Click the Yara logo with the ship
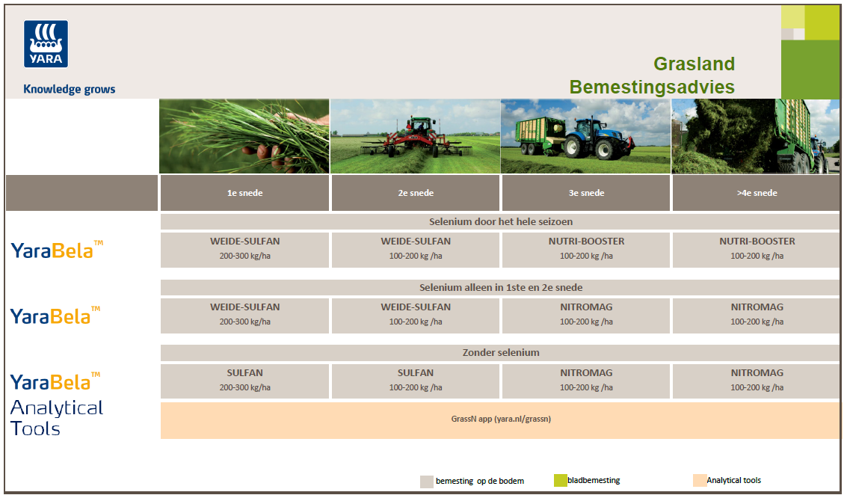[x=46, y=44]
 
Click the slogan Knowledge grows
[x=69, y=89]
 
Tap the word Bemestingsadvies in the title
[x=652, y=87]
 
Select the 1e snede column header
[x=244, y=193]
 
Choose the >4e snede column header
[x=757, y=193]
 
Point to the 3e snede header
[x=586, y=193]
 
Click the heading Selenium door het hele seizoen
[x=500, y=221]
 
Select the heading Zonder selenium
[x=500, y=353]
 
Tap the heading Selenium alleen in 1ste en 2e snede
[x=500, y=287]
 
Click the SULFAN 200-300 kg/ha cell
[x=244, y=381]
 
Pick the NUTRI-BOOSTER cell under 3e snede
[x=586, y=250]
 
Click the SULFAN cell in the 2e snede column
[x=416, y=381]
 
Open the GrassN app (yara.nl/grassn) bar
[x=500, y=420]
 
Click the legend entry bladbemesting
[x=587, y=480]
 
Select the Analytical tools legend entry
[x=727, y=480]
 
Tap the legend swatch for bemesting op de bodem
[x=427, y=482]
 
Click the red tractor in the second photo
[x=415, y=138]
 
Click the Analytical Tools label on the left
[x=57, y=417]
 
